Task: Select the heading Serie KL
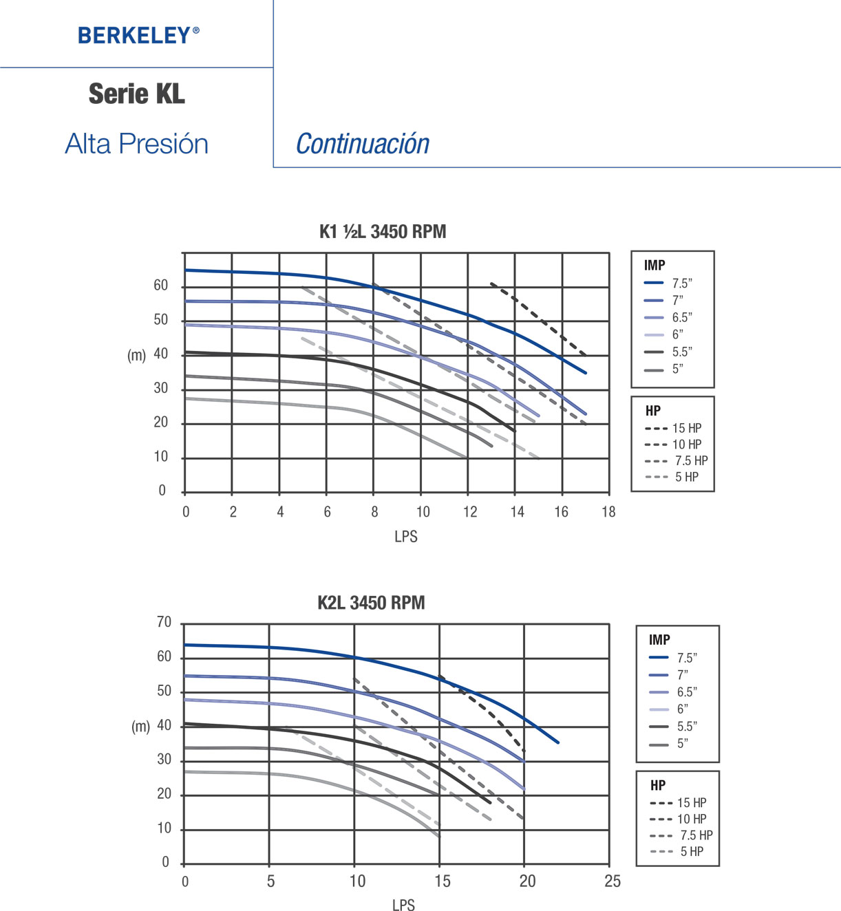137,94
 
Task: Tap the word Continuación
363,144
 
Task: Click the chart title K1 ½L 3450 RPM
383,231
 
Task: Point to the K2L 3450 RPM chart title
371,603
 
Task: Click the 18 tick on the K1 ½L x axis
608,512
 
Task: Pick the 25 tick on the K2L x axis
612,881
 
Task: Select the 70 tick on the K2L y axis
164,623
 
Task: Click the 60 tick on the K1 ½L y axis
160,286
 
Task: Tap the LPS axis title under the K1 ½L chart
405,537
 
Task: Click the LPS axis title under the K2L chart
403,905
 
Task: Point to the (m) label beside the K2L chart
140,727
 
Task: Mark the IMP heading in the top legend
654,266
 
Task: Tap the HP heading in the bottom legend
658,785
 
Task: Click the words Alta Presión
137,144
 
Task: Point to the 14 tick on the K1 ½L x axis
517,512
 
